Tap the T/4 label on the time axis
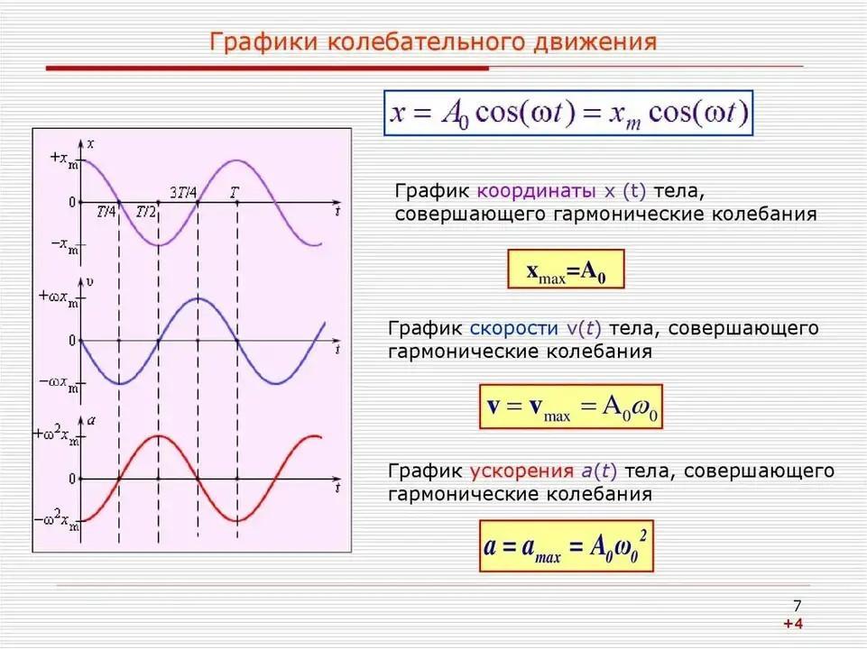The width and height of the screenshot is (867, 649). (x=106, y=211)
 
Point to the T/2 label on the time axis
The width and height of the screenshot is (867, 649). (x=146, y=211)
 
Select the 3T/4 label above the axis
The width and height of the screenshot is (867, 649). (x=183, y=193)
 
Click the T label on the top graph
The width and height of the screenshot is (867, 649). (x=235, y=193)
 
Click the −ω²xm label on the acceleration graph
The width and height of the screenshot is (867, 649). (x=57, y=521)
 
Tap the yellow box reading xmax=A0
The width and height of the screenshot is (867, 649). (x=566, y=269)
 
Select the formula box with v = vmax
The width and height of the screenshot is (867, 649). (x=570, y=407)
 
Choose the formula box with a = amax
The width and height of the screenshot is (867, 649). (x=567, y=545)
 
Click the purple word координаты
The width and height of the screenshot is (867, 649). (x=536, y=191)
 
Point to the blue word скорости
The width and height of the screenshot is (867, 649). (x=513, y=328)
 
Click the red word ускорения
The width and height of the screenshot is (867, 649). (x=521, y=471)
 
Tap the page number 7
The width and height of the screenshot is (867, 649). (x=797, y=606)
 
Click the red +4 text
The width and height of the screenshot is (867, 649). (x=792, y=624)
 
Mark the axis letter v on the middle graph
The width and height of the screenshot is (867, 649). (x=89, y=282)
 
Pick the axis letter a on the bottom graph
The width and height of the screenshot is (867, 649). (x=91, y=420)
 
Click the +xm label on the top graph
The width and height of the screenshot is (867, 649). (x=64, y=159)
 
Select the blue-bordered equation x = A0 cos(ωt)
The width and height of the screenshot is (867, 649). (x=568, y=113)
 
